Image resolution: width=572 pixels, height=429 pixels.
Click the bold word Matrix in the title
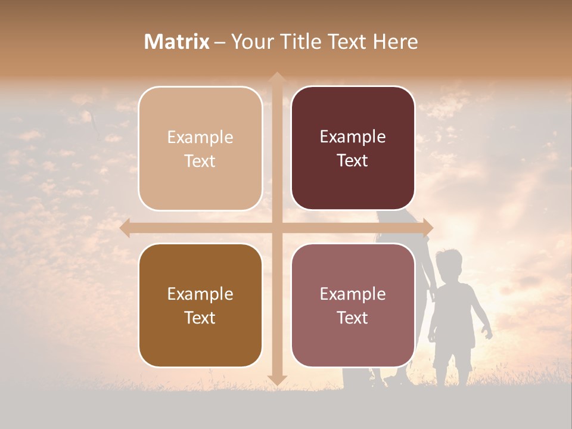(x=177, y=42)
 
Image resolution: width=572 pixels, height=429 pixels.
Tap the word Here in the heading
(x=395, y=42)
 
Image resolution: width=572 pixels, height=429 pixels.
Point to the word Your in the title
(x=250, y=42)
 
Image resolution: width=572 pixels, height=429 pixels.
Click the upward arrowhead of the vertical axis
(x=276, y=77)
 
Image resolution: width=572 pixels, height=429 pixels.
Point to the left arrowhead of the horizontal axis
(x=126, y=228)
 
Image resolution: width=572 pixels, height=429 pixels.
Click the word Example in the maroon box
(x=353, y=137)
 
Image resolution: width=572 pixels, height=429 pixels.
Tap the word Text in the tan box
(x=200, y=161)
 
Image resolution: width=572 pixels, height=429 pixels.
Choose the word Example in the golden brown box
(x=200, y=294)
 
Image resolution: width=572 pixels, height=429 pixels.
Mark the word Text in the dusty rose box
(x=353, y=318)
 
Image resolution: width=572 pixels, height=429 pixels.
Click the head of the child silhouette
(x=449, y=264)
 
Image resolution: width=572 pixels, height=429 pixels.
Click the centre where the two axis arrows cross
(x=276, y=228)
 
